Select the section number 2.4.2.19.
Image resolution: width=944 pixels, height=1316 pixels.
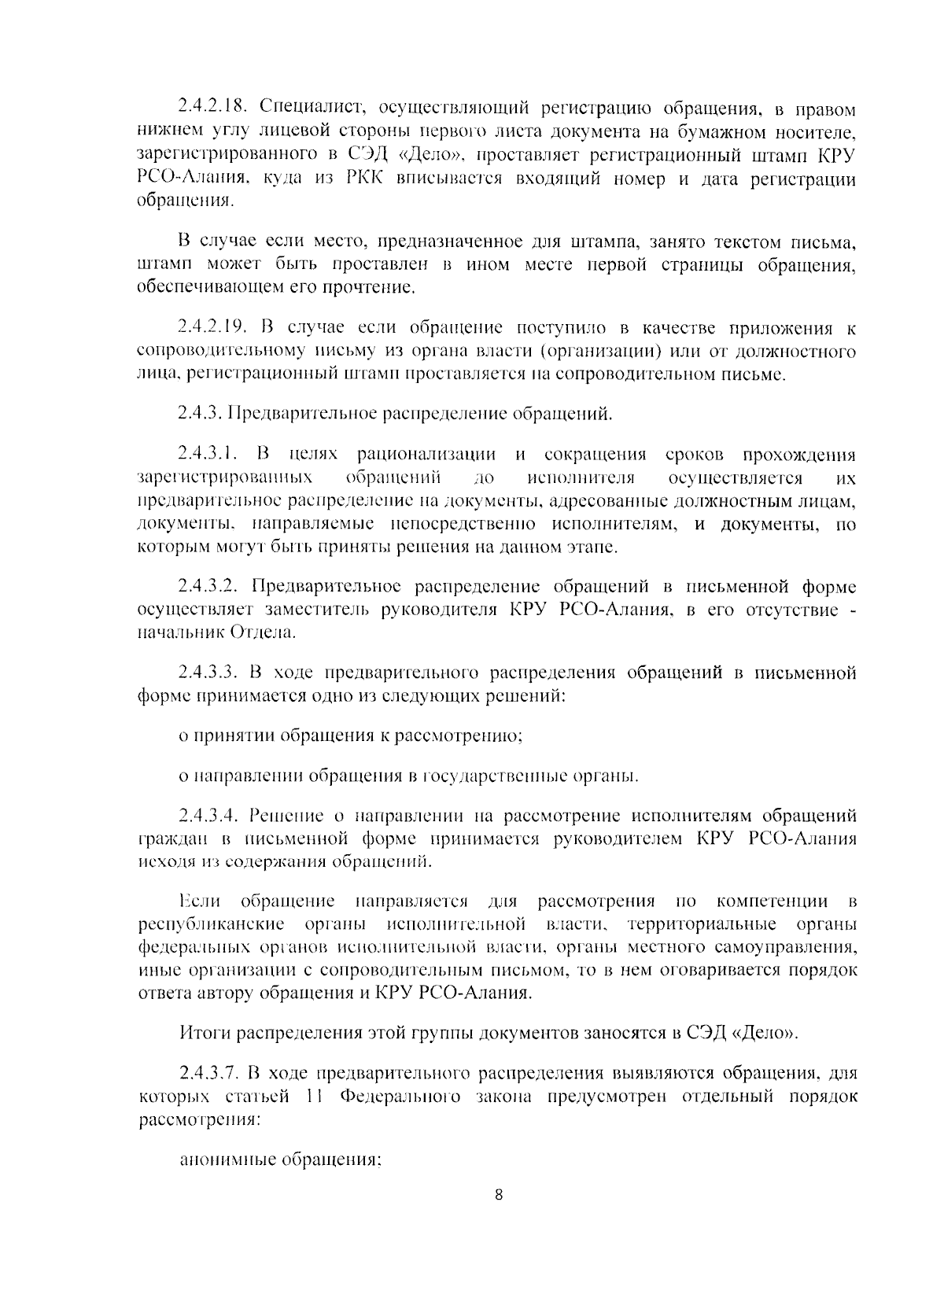(212, 326)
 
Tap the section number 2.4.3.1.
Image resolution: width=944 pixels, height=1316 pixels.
(208, 455)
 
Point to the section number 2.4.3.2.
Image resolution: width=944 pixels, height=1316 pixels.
(208, 586)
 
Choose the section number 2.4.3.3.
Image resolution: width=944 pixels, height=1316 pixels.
(208, 673)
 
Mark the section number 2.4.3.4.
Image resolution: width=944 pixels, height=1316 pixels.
(208, 816)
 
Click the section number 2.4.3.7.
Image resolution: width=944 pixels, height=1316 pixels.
(208, 1073)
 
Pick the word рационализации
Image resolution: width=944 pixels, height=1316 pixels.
(426, 455)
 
